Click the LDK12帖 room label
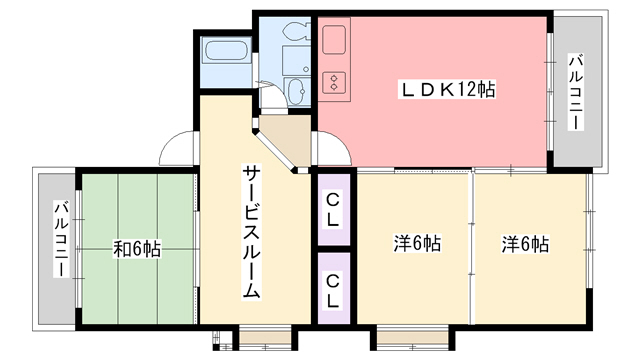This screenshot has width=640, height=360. point(449,89)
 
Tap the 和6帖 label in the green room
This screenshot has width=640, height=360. point(136,248)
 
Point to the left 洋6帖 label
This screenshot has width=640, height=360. point(417,243)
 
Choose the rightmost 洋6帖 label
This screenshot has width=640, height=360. point(526,243)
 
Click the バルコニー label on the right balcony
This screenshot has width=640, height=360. point(576,92)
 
